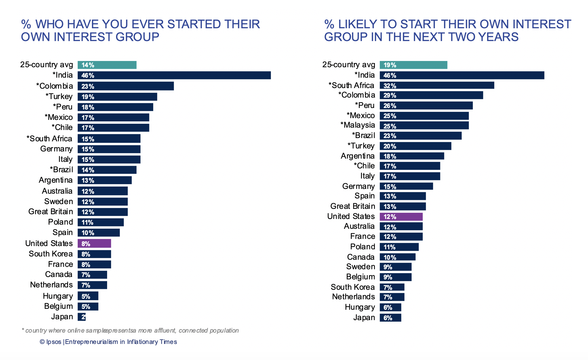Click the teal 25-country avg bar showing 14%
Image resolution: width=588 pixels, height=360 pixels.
point(107,65)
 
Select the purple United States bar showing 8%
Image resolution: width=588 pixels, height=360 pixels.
point(94,243)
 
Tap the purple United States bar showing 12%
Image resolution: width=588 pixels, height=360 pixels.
point(401,217)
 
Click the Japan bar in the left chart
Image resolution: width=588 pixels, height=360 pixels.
point(82,317)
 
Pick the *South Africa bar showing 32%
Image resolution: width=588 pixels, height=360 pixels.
point(437,85)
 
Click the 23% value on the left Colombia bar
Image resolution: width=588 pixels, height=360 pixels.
point(88,87)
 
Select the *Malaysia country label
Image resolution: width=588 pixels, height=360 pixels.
point(357,125)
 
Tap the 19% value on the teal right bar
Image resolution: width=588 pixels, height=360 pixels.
point(390,65)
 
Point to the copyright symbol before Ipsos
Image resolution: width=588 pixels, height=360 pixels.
point(42,342)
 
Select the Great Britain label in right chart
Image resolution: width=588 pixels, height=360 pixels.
point(352,206)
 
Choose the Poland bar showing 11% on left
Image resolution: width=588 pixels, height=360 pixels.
point(101,222)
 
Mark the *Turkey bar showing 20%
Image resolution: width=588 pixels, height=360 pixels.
point(415,146)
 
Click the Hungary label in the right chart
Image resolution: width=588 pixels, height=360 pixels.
point(359,307)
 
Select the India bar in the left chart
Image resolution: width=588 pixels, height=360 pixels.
point(174,75)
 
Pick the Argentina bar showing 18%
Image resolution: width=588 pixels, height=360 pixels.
point(412,156)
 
